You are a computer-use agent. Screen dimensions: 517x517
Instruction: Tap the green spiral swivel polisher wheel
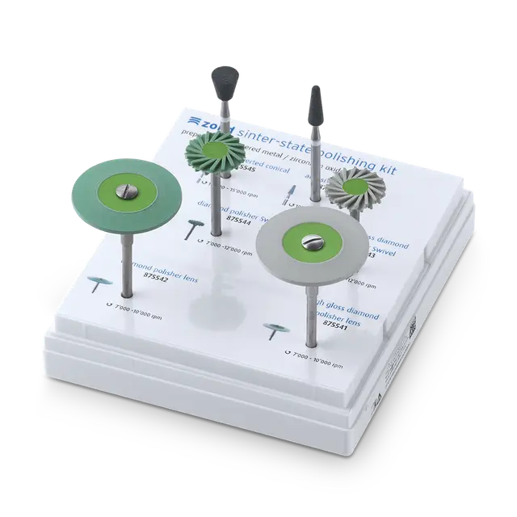coord(216,154)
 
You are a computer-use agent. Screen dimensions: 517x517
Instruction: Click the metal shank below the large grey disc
coord(311,315)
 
